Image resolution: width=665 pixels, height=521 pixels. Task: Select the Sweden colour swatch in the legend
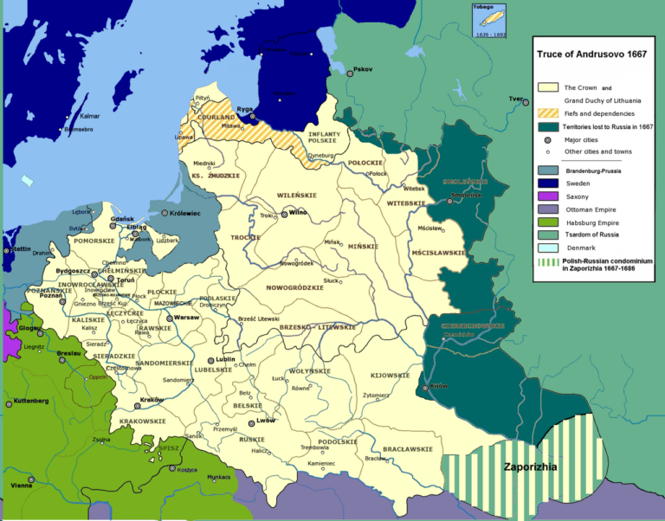(x=547, y=183)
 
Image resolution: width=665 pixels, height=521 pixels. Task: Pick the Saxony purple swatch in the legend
(x=547, y=196)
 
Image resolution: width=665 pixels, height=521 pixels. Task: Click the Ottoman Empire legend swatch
(x=547, y=209)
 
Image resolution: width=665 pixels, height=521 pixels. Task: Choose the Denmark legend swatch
(x=547, y=248)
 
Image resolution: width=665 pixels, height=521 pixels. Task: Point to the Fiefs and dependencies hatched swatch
(x=547, y=113)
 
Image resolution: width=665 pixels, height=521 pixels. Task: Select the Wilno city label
(x=298, y=212)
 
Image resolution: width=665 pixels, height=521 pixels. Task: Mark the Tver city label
(x=517, y=99)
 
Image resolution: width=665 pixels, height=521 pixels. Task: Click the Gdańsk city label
(x=121, y=220)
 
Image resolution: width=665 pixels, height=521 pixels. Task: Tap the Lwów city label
(x=267, y=422)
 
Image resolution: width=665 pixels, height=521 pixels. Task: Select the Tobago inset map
(x=489, y=20)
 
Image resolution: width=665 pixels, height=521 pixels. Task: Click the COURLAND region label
(x=216, y=117)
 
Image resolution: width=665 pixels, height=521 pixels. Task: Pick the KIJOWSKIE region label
(x=390, y=376)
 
